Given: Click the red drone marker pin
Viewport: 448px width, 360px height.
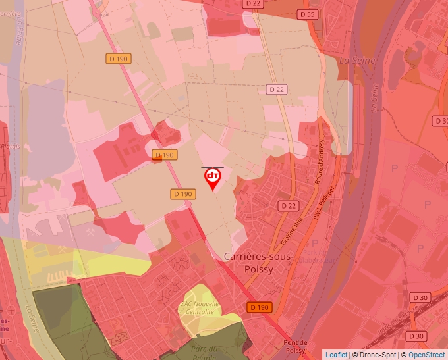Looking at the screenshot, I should pos(212,178).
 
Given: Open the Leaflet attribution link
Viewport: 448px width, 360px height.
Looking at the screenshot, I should pos(336,355).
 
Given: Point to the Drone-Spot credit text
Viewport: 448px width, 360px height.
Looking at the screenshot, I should pos(378,355).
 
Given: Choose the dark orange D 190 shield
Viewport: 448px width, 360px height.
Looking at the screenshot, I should pos(260,307).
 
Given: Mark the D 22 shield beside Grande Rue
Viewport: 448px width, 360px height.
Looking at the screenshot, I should pos(288,206).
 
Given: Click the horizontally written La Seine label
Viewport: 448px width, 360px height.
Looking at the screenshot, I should pos(357,61).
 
